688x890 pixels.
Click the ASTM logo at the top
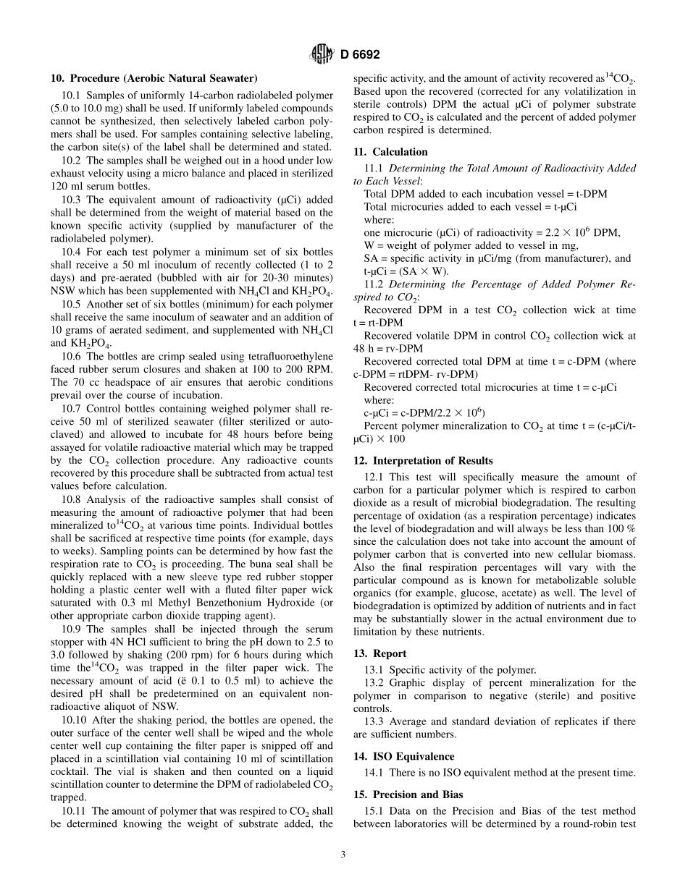[321, 54]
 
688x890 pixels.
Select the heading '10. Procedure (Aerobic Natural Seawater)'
[154, 78]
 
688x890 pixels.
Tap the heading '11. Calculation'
[390, 152]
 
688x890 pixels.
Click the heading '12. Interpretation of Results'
[423, 461]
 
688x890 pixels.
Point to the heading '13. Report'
[379, 653]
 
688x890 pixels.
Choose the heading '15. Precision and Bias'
[408, 794]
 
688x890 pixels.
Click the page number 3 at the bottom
[343, 855]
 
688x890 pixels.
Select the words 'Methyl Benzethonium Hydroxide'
[219, 603]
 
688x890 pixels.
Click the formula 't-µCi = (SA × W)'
[406, 271]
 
